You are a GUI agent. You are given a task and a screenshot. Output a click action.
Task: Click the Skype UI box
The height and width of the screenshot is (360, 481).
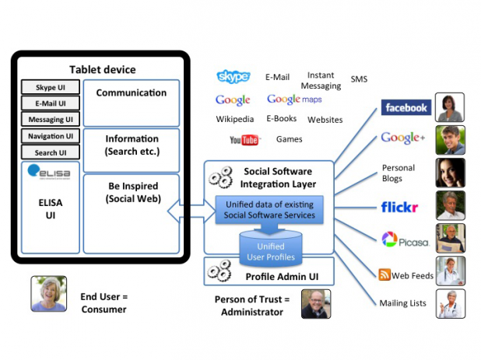(50, 88)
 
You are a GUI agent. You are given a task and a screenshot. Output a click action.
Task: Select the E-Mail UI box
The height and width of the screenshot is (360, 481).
(50, 103)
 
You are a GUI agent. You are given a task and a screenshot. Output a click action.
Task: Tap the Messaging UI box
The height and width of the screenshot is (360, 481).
(50, 120)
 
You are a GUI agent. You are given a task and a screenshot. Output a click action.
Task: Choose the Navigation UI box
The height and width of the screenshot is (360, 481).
(50, 137)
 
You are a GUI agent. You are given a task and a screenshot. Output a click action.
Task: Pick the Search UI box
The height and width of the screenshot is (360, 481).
(50, 152)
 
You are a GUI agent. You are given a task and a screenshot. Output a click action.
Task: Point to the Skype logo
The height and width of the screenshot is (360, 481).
(233, 76)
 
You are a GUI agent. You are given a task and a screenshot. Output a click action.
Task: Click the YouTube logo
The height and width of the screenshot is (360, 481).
(244, 141)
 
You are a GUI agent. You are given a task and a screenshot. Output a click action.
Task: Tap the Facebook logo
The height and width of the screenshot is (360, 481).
(406, 107)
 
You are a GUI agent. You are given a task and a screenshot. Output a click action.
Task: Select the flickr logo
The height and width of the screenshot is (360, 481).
(400, 207)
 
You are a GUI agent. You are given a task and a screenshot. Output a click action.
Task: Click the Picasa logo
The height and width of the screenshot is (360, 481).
(406, 240)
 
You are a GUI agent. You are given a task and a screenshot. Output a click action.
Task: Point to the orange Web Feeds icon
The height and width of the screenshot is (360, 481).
(384, 274)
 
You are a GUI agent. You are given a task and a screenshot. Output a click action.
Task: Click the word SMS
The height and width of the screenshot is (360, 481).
(359, 79)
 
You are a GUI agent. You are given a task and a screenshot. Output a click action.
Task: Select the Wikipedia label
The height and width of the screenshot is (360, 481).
(235, 120)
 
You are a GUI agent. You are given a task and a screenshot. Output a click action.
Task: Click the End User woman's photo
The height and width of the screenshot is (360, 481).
(48, 295)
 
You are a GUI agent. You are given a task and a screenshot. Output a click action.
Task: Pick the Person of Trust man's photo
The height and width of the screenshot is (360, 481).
(315, 304)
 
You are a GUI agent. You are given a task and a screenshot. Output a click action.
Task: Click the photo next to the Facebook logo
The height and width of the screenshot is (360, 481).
(450, 107)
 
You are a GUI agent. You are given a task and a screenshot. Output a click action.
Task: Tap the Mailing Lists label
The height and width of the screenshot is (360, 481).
(402, 303)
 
